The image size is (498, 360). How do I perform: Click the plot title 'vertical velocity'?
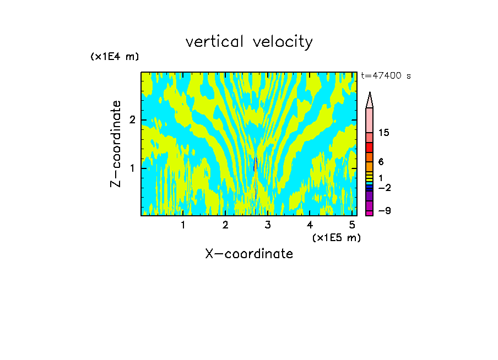[249, 42]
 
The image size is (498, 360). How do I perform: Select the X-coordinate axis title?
[249, 254]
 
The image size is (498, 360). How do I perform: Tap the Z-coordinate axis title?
[116, 144]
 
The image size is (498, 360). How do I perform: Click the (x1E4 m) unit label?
[115, 57]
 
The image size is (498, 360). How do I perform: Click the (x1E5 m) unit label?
[336, 237]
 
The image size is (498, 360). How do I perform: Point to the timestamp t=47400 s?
[386, 76]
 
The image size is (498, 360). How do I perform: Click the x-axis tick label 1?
[183, 225]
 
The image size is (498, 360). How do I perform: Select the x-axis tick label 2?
[225, 225]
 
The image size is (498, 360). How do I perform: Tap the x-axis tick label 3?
[268, 225]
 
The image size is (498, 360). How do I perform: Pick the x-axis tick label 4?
[310, 225]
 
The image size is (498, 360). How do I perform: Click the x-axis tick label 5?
[352, 225]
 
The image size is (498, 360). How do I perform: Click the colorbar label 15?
[384, 133]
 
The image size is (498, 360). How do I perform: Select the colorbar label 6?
[381, 162]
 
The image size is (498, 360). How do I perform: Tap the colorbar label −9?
[383, 211]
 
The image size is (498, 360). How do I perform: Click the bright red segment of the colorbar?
[370, 148]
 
